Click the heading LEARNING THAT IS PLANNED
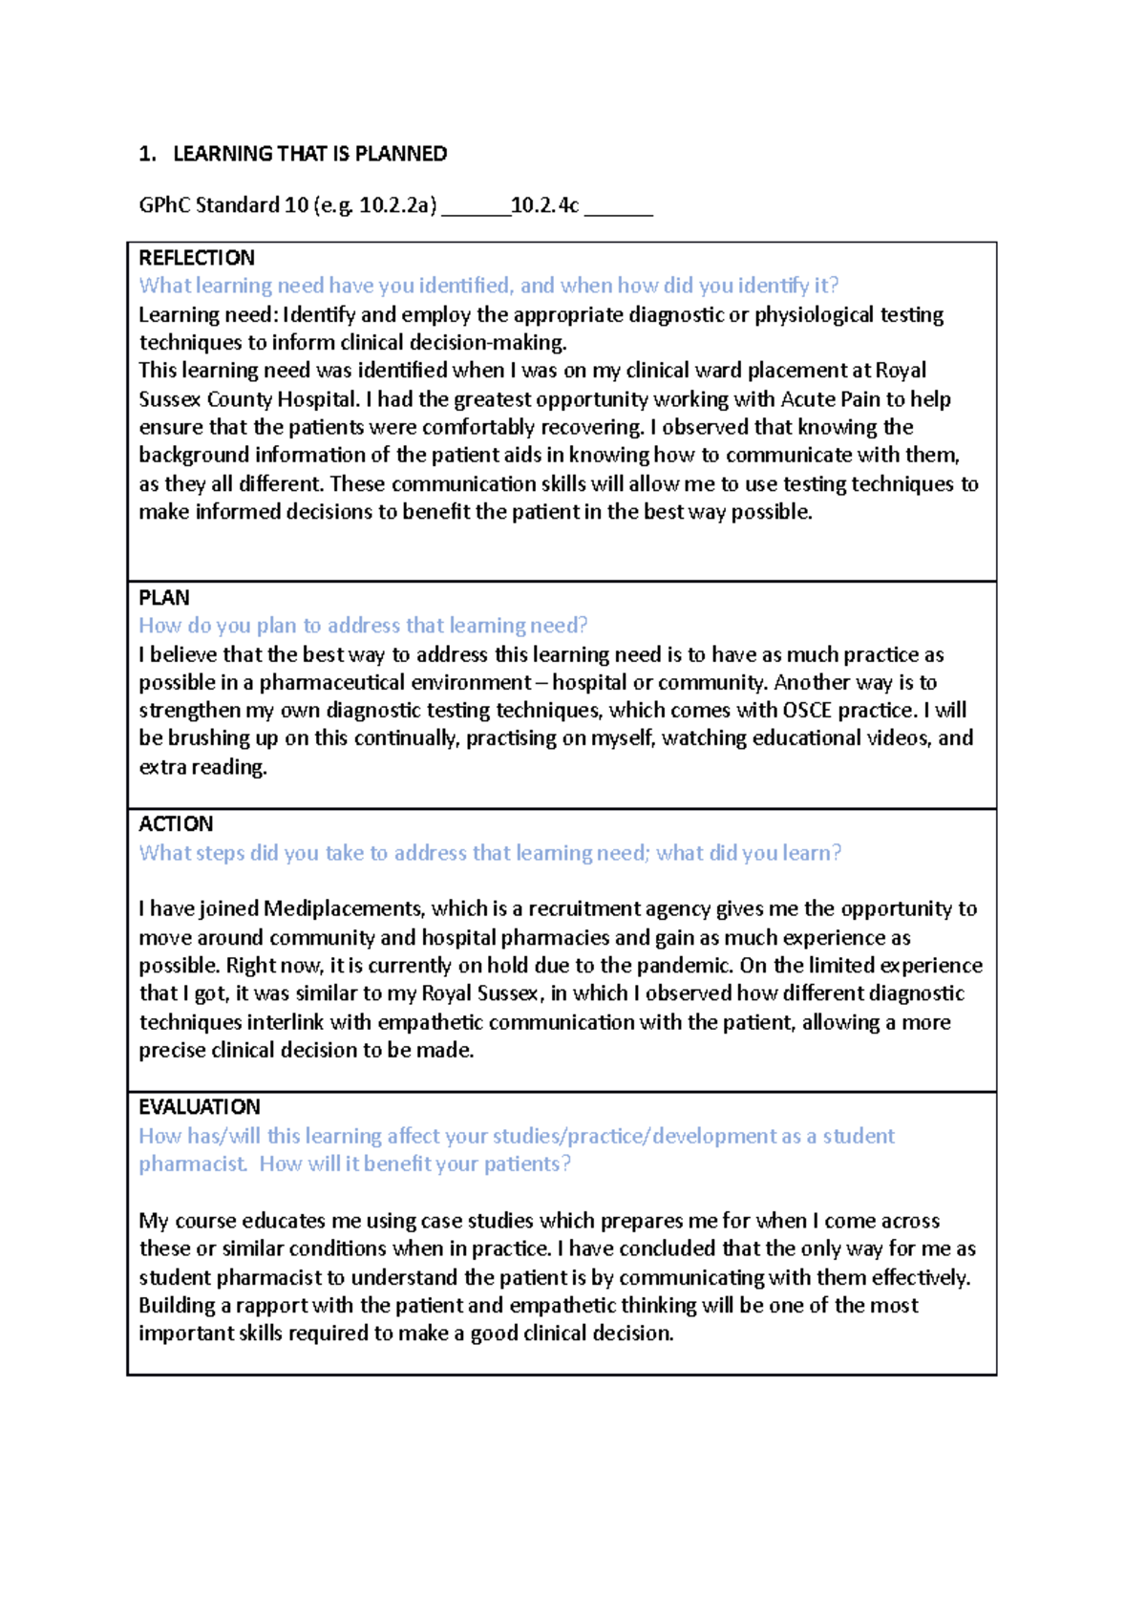pyautogui.click(x=309, y=154)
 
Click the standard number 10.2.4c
pyautogui.click(x=544, y=205)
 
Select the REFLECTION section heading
pyautogui.click(x=197, y=258)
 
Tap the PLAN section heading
pyautogui.click(x=164, y=598)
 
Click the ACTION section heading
pyautogui.click(x=176, y=824)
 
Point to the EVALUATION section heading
pyautogui.click(x=200, y=1107)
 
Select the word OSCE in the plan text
pyautogui.click(x=807, y=711)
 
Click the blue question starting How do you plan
pyautogui.click(x=363, y=626)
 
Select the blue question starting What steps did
pyautogui.click(x=490, y=853)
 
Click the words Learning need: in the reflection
pyautogui.click(x=207, y=315)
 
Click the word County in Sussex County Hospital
pyautogui.click(x=239, y=399)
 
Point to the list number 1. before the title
pyautogui.click(x=147, y=154)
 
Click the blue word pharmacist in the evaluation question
pyautogui.click(x=192, y=1164)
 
